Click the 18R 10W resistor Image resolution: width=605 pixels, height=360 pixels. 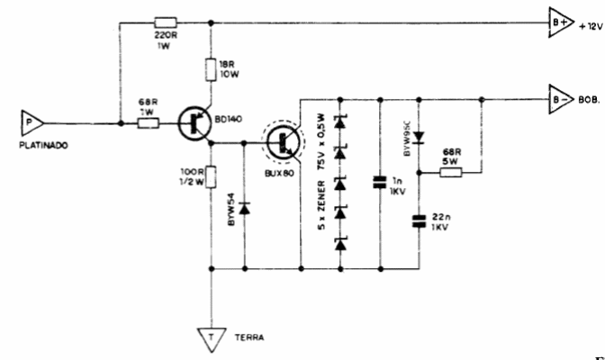point(210,69)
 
